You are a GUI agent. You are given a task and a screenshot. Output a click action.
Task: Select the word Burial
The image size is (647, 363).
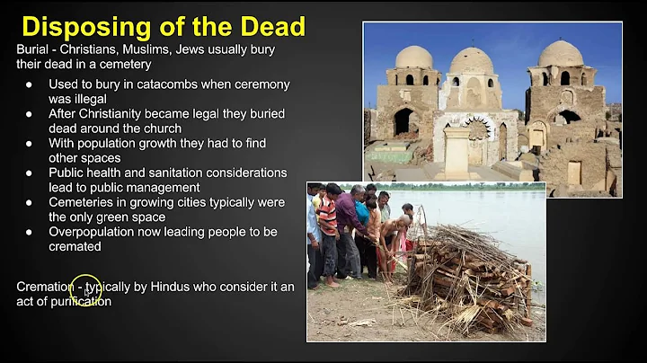click(33, 49)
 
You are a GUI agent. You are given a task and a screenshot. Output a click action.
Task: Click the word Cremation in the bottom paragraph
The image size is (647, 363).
click(44, 287)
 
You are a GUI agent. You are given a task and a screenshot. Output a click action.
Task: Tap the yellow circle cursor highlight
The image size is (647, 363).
click(85, 289)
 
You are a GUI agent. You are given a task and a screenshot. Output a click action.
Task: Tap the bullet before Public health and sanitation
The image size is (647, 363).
click(30, 173)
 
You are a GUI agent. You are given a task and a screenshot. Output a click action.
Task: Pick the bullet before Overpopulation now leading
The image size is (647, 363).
click(30, 232)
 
